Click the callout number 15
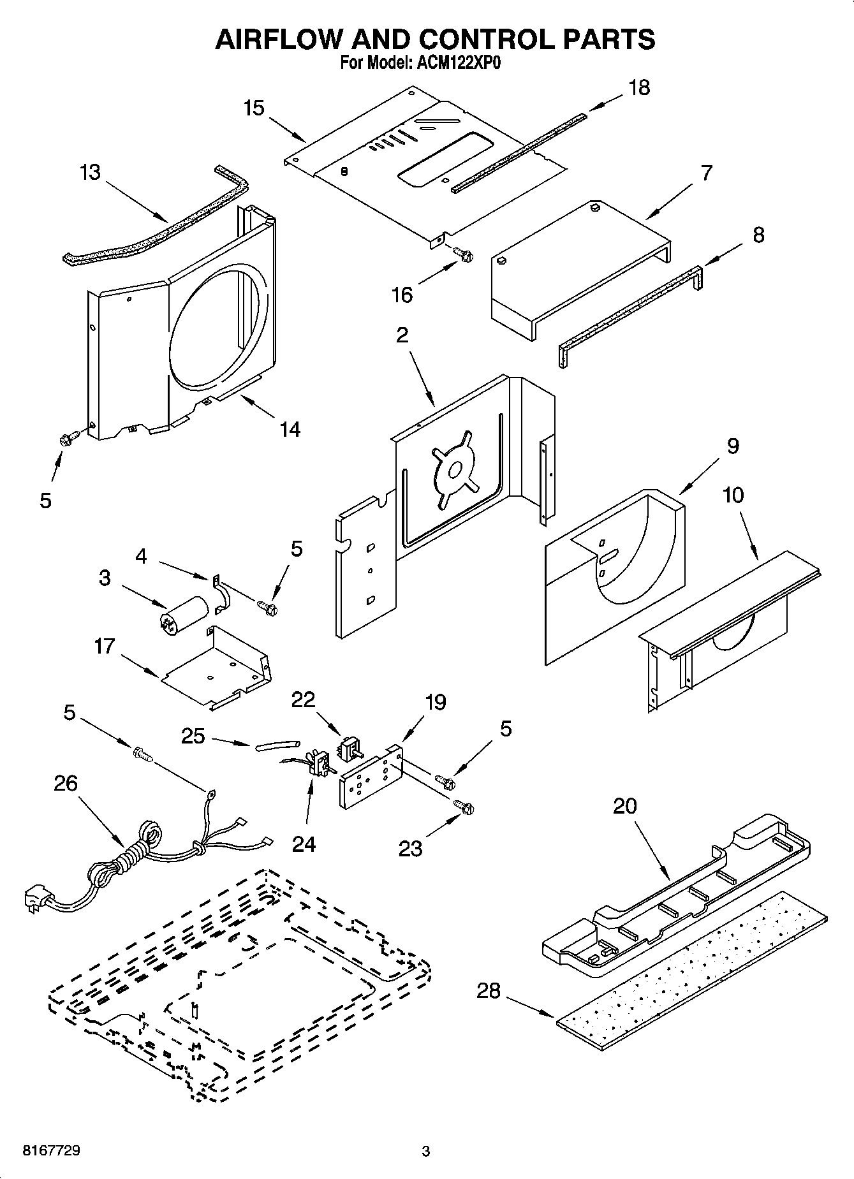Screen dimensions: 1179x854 click(x=254, y=108)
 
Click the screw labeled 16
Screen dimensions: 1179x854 click(x=464, y=254)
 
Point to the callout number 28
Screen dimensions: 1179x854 click(x=489, y=991)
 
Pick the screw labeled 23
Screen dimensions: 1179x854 click(x=465, y=807)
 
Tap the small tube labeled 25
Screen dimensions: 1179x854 click(x=277, y=745)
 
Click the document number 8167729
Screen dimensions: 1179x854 click(x=51, y=1151)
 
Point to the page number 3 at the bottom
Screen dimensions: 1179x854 click(x=426, y=1152)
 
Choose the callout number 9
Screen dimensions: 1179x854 click(x=733, y=446)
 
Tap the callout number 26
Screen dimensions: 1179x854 click(x=66, y=783)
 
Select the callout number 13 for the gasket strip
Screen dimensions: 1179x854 click(x=91, y=172)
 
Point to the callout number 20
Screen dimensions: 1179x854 click(x=625, y=806)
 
